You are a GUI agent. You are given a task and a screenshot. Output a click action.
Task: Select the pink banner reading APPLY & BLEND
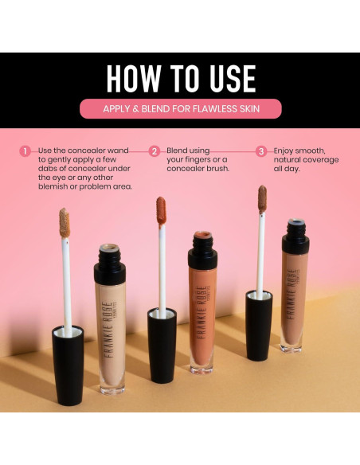pos(180,108)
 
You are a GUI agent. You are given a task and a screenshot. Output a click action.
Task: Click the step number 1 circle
pos(25,150)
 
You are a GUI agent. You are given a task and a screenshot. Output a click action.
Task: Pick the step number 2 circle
pos(155,150)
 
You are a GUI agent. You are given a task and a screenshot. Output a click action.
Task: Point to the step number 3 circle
pos(261,150)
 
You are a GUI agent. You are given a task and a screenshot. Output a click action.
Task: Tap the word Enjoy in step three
pos(288,150)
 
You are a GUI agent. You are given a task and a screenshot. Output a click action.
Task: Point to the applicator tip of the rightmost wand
pos(262,198)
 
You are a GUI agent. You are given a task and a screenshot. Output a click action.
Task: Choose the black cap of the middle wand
pos(162,343)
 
